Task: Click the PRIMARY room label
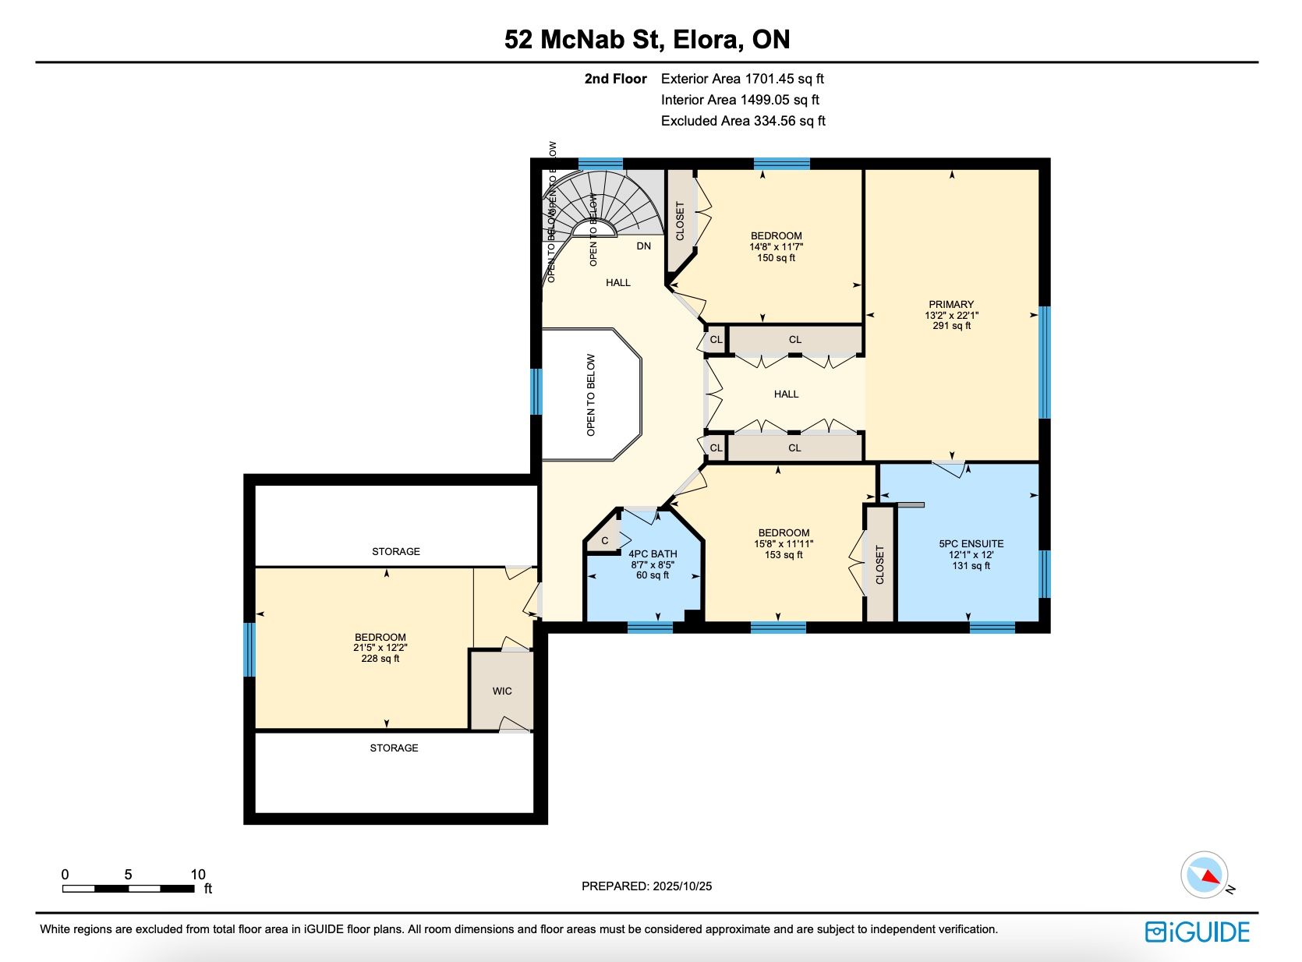951,304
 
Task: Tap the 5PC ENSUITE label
971,543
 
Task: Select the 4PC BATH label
653,554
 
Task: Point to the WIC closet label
502,691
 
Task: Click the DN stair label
643,246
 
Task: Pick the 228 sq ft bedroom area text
380,659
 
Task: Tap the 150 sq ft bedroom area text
776,258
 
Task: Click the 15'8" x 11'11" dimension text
784,543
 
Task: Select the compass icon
1204,875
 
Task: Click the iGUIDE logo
1197,932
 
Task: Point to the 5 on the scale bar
128,875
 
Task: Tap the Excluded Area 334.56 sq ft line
743,121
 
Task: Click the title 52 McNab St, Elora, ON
647,39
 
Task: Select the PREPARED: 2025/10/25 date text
646,886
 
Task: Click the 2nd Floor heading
615,79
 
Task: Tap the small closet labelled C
605,540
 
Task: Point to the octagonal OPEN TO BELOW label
590,395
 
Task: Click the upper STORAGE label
395,551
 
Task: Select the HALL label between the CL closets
786,394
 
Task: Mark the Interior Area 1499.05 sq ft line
740,100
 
